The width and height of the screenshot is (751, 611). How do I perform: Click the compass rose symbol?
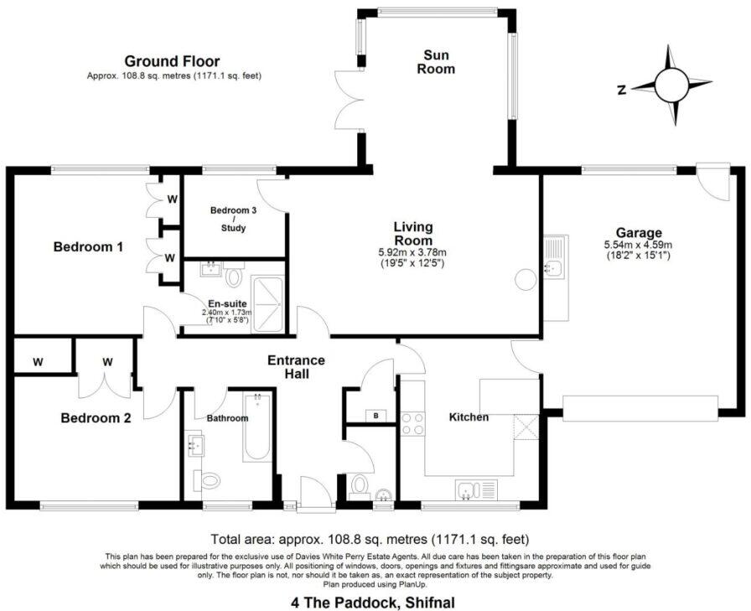(671, 85)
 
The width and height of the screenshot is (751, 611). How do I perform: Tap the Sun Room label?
(436, 61)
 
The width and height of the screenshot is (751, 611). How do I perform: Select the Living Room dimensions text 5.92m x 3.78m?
(413, 252)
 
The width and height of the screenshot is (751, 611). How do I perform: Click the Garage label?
(639, 232)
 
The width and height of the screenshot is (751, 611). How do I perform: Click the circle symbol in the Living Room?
(526, 280)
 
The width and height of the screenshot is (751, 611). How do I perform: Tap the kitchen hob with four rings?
(412, 422)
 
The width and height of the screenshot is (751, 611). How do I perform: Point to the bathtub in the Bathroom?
(256, 427)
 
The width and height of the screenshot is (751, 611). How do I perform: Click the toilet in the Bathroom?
(207, 480)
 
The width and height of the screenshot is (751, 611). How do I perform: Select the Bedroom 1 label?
(88, 247)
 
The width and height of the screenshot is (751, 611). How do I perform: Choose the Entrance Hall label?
(296, 367)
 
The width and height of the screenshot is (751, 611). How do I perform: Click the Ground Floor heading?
(172, 61)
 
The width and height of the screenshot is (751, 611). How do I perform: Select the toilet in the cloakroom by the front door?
(360, 485)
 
